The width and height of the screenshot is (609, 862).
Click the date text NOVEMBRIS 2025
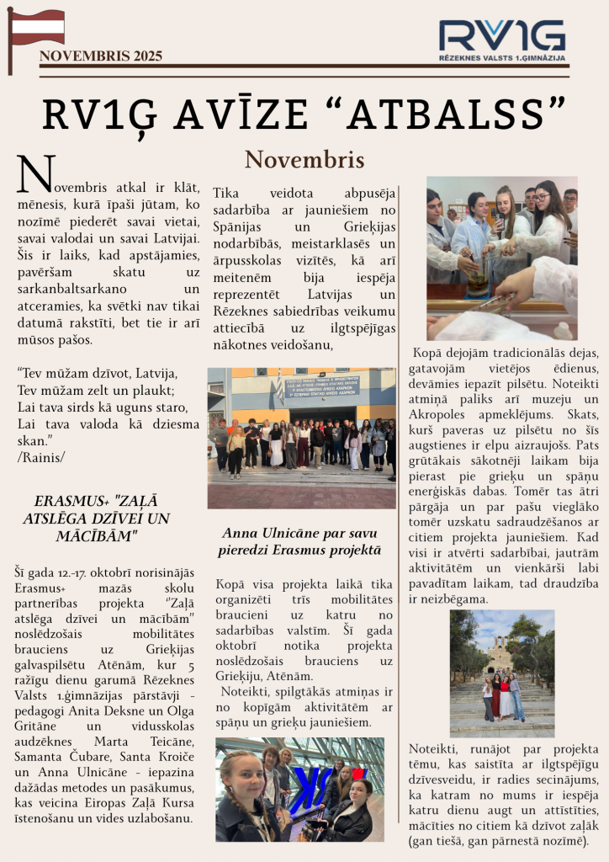tap(101, 56)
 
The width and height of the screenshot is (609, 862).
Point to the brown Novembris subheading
tap(304, 160)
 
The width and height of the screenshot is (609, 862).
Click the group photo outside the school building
tap(301, 438)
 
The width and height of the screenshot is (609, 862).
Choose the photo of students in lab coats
tap(501, 258)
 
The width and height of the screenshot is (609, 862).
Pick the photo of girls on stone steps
tap(501, 673)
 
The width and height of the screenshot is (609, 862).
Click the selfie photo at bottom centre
tap(299, 790)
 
